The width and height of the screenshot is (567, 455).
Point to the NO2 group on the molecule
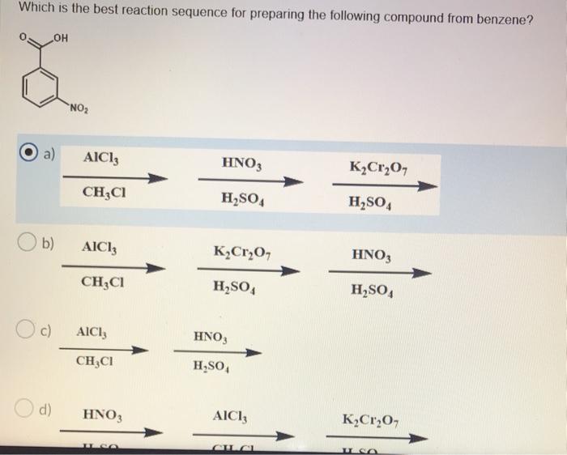pyautogui.click(x=79, y=111)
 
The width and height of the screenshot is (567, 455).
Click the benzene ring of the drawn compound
pyautogui.click(x=46, y=86)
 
